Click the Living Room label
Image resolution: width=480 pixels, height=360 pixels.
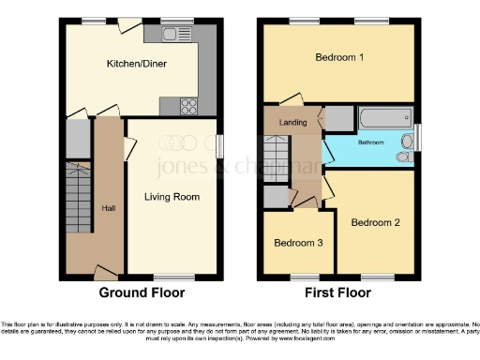(172, 197)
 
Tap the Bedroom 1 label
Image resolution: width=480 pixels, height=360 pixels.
(338, 57)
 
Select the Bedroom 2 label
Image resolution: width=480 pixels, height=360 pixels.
(375, 222)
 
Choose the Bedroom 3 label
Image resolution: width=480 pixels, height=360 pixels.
(298, 243)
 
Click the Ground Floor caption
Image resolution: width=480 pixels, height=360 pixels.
(142, 292)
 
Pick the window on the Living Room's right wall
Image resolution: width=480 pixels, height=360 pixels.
(219, 147)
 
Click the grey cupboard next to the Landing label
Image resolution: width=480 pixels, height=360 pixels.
(337, 118)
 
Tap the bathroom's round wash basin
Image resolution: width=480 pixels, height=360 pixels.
(405, 157)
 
